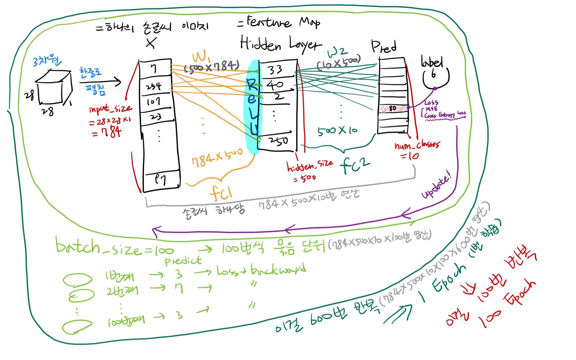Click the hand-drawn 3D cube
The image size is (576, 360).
click(54, 87)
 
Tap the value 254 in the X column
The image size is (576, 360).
click(154, 86)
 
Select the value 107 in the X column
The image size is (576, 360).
click(153, 102)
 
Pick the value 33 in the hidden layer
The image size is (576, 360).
click(275, 70)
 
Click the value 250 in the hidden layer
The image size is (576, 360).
click(278, 141)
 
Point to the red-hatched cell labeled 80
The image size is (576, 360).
click(393, 108)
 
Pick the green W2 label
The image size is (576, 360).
click(337, 52)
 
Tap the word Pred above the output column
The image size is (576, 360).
click(383, 46)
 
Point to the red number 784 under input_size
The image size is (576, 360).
click(107, 132)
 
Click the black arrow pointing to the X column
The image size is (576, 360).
click(100, 82)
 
